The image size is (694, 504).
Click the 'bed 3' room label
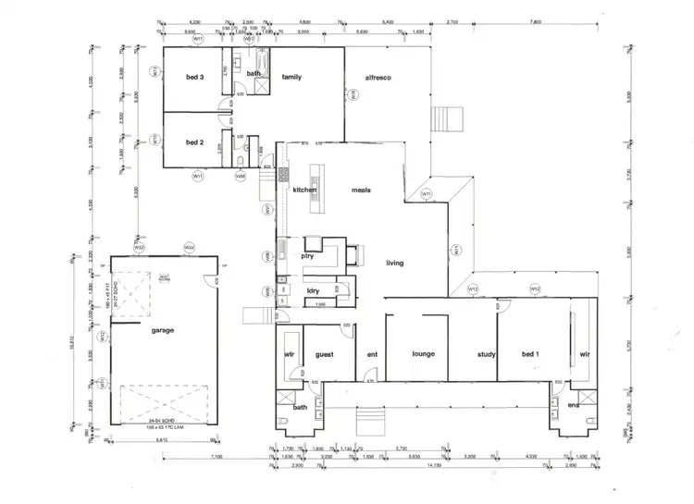click(x=194, y=79)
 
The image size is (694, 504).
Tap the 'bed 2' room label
click(x=194, y=142)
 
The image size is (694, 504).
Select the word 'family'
click(x=292, y=78)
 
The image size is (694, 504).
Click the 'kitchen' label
click(x=305, y=190)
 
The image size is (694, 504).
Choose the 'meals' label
click(x=361, y=190)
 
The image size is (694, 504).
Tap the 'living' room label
click(x=395, y=264)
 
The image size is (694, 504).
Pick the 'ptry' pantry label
click(x=308, y=256)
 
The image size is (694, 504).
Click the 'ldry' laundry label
click(x=313, y=291)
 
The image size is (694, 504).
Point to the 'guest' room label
click(x=325, y=353)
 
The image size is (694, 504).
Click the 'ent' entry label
click(x=372, y=353)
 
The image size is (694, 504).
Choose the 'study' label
click(x=488, y=353)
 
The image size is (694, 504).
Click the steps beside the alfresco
click(x=446, y=121)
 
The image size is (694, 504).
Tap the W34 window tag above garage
click(x=189, y=248)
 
